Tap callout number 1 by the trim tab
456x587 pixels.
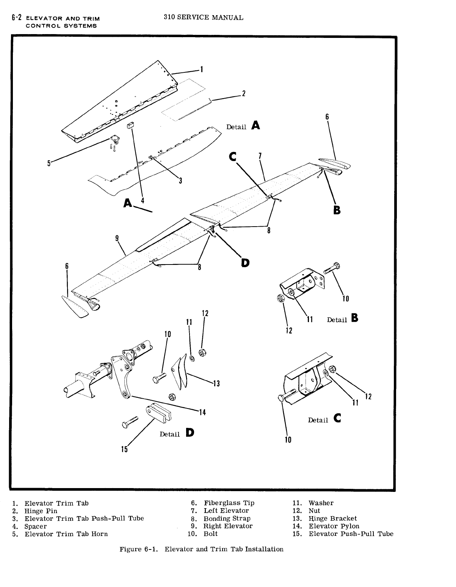click(202, 69)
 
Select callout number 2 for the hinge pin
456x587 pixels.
click(244, 93)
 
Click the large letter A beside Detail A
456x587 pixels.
click(256, 125)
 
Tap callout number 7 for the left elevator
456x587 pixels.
click(260, 156)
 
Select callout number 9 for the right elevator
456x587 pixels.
click(117, 238)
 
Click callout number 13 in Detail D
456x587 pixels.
click(216, 384)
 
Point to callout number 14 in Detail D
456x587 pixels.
click(202, 412)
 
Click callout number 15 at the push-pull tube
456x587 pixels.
click(124, 449)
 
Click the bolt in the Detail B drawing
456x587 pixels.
click(332, 267)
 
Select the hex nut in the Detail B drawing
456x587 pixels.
click(281, 298)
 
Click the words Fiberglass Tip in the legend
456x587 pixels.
click(229, 503)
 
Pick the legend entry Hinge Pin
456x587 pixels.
click(41, 511)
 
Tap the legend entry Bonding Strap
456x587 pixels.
click(227, 518)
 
